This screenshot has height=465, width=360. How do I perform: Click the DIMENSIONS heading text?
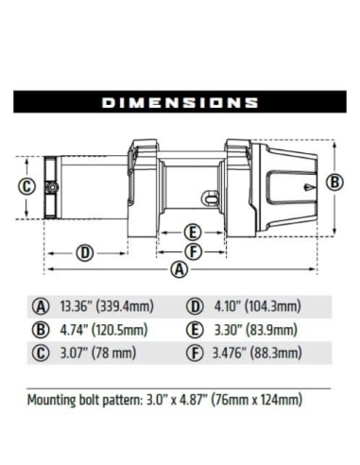(180, 102)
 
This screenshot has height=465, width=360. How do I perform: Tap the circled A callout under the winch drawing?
(180, 269)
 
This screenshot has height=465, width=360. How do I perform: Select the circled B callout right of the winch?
(334, 182)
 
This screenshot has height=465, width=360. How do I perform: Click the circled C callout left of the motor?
(26, 186)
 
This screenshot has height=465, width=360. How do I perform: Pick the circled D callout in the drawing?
(85, 253)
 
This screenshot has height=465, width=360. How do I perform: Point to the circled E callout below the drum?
(193, 232)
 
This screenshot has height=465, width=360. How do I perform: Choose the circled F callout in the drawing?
(193, 252)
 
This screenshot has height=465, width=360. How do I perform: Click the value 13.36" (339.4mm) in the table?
(107, 306)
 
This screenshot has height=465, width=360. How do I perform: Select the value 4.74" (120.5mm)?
(104, 330)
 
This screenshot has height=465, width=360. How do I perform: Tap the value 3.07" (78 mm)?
(98, 353)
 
